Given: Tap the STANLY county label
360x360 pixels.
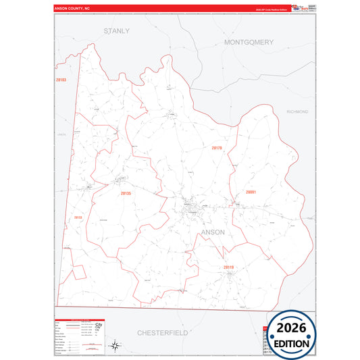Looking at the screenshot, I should click(x=116, y=31).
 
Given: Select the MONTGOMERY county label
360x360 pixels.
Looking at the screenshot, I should click(x=249, y=42).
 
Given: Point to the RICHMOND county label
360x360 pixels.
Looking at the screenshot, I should click(x=297, y=111).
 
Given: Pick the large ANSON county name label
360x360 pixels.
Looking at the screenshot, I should click(x=213, y=232).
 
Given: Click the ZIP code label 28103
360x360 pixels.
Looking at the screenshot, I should click(x=61, y=80).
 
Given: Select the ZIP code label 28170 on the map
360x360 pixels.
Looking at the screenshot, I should click(x=216, y=148).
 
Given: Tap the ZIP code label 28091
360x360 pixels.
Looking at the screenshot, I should click(x=251, y=192).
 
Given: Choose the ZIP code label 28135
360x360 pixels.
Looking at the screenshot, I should click(x=125, y=194).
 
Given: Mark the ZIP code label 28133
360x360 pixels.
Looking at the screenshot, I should click(x=78, y=217).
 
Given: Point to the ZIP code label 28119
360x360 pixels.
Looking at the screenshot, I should click(x=228, y=267).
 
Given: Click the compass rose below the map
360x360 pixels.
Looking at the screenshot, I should click(x=115, y=346).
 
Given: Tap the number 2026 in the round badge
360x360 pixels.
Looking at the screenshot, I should click(x=292, y=328).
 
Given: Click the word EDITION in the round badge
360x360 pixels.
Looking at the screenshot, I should click(x=292, y=343).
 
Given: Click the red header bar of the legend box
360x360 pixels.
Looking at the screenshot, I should click(x=80, y=317).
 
